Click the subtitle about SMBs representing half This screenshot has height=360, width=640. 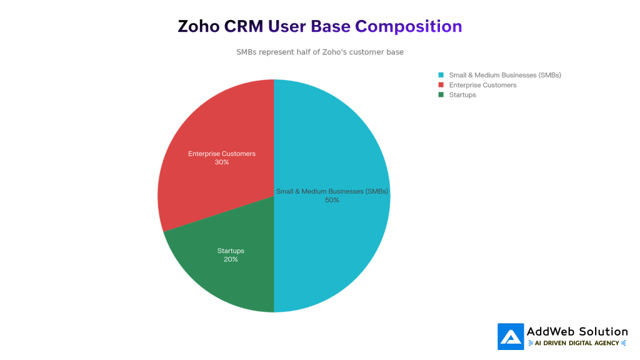(320, 52)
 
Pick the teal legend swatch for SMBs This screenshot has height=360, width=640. (441, 75)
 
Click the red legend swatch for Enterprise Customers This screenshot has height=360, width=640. (441, 85)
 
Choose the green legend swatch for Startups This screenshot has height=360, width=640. (441, 95)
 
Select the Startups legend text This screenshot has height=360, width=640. (462, 95)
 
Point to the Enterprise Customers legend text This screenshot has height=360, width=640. (482, 85)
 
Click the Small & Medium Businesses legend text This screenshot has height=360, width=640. (505, 75)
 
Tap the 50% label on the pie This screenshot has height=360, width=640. (332, 200)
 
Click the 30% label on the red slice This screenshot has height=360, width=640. (222, 162)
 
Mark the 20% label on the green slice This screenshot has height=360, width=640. (231, 259)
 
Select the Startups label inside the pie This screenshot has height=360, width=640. (231, 251)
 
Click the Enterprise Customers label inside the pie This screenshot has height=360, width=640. (222, 154)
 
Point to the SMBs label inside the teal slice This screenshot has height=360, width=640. (332, 191)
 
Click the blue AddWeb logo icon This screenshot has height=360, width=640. (511, 336)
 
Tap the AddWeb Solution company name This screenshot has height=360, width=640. (577, 331)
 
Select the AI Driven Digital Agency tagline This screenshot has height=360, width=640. (577, 343)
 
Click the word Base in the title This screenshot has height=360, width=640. (330, 26)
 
